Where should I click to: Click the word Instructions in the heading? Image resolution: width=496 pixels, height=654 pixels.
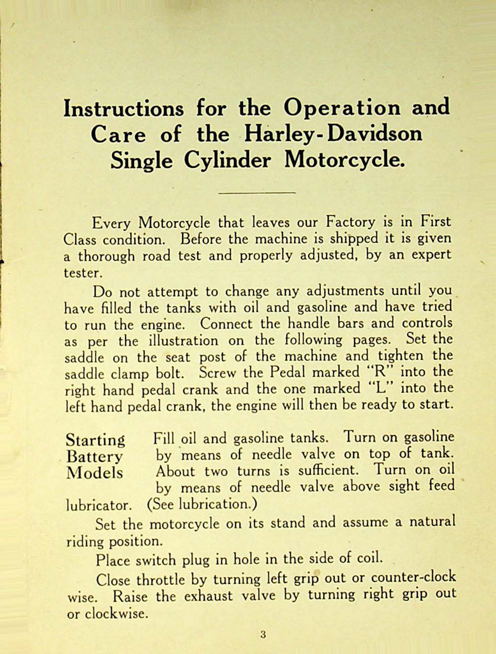click(x=124, y=109)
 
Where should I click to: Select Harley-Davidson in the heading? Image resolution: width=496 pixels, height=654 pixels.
click(x=333, y=134)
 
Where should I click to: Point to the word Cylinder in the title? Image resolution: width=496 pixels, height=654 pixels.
click(x=228, y=160)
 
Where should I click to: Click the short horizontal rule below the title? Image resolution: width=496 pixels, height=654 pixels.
click(x=257, y=192)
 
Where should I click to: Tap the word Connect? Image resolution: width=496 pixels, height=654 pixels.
click(x=226, y=323)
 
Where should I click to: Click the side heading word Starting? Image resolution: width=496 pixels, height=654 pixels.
click(x=96, y=440)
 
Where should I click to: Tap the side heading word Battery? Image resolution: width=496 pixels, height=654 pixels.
click(x=94, y=457)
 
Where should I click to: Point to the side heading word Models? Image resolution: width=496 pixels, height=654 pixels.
click(x=95, y=472)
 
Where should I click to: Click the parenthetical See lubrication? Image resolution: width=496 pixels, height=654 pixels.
click(x=202, y=504)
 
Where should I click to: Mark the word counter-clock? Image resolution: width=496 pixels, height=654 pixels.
click(x=413, y=577)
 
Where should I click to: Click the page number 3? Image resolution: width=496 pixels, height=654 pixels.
click(x=263, y=635)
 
